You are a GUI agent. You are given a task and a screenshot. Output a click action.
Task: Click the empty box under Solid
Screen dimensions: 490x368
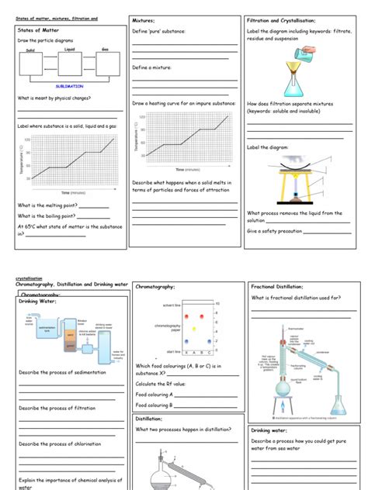pos(32,66)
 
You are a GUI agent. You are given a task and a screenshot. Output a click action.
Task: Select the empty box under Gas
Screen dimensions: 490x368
pos(106,66)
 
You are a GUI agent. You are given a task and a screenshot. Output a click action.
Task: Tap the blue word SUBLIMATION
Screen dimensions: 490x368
pos(70,87)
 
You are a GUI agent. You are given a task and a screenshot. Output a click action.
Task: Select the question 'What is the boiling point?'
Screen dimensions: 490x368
pos(47,216)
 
